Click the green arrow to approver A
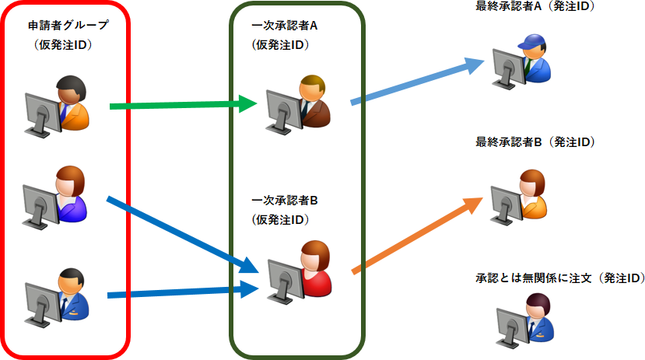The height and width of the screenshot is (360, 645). [x=183, y=104]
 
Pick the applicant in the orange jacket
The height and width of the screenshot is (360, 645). [x=74, y=101]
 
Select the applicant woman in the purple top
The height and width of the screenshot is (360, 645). [x=70, y=194]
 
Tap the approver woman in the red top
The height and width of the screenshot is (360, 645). [x=314, y=268]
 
